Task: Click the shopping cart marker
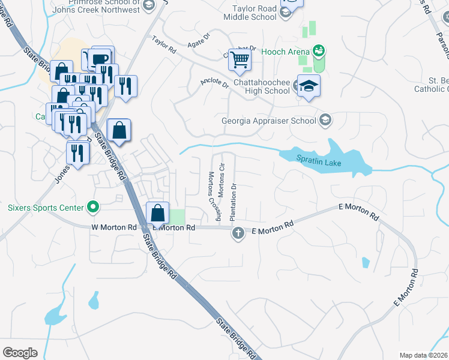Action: click(x=240, y=59)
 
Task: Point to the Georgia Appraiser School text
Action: click(x=268, y=121)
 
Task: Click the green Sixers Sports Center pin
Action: click(x=92, y=208)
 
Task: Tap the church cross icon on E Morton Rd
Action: click(x=238, y=233)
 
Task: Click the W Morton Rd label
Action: click(x=114, y=227)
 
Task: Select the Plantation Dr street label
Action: click(x=234, y=200)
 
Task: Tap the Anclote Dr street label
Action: click(x=215, y=82)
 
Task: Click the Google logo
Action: click(x=20, y=352)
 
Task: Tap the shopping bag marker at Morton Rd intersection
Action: click(x=157, y=213)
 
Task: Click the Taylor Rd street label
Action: click(x=163, y=45)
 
